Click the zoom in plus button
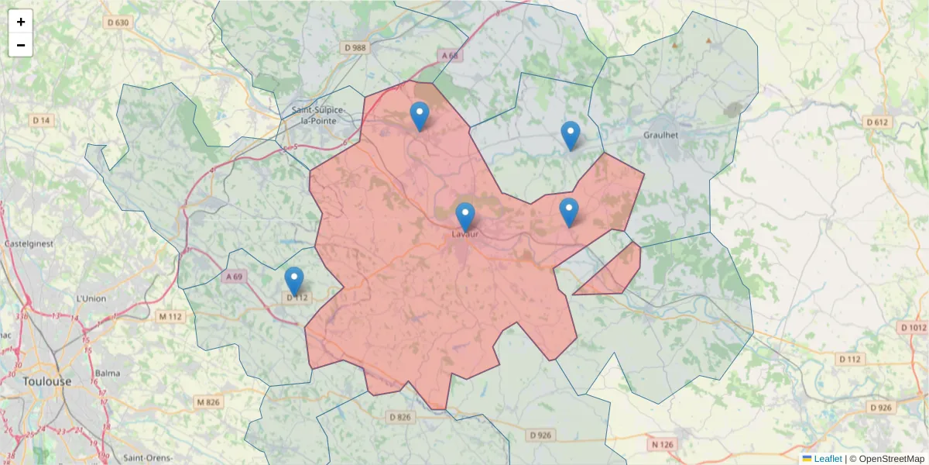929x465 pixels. [21, 22]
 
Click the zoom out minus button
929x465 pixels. [21, 45]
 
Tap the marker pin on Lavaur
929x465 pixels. [464, 216]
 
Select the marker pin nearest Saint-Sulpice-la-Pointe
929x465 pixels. [419, 115]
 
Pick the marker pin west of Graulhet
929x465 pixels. [570, 135]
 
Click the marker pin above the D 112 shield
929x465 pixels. [294, 281]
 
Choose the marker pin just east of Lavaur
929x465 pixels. [569, 212]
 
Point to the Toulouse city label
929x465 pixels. [46, 381]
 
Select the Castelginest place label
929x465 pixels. [28, 243]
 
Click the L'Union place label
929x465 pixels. [91, 298]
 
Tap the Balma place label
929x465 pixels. [107, 373]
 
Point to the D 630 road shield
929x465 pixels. [118, 22]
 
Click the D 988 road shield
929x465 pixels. [355, 48]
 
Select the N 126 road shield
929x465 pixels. [663, 444]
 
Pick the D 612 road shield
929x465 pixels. [877, 122]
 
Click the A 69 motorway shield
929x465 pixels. [235, 276]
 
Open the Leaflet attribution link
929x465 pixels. [828, 459]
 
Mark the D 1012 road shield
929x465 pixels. [914, 328]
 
